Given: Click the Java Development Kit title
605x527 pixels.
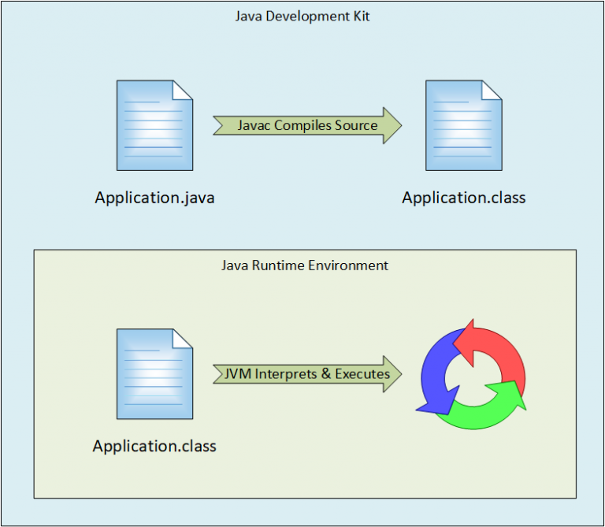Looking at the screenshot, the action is (302, 17).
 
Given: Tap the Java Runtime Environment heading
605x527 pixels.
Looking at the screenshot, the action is (305, 265).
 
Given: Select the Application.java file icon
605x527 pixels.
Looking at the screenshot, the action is (154, 125).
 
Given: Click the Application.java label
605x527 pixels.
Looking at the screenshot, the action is (154, 198).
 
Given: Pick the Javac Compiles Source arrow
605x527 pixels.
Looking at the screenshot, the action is (307, 125).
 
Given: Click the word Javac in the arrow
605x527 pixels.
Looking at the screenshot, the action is (254, 125).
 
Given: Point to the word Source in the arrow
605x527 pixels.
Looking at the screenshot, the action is (356, 125).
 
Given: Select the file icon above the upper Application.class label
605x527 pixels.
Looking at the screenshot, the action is (464, 125).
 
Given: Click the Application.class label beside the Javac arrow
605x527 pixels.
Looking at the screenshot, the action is (464, 198).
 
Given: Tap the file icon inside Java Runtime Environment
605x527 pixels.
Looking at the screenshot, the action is (154, 374).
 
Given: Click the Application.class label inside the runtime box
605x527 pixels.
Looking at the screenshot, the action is (154, 446).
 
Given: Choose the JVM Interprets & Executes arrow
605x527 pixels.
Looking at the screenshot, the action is (307, 374).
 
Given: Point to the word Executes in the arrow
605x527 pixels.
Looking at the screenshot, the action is (362, 374).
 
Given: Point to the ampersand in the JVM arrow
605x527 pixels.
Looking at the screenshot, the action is (325, 374).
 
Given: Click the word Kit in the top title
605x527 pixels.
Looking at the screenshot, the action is (361, 17).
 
